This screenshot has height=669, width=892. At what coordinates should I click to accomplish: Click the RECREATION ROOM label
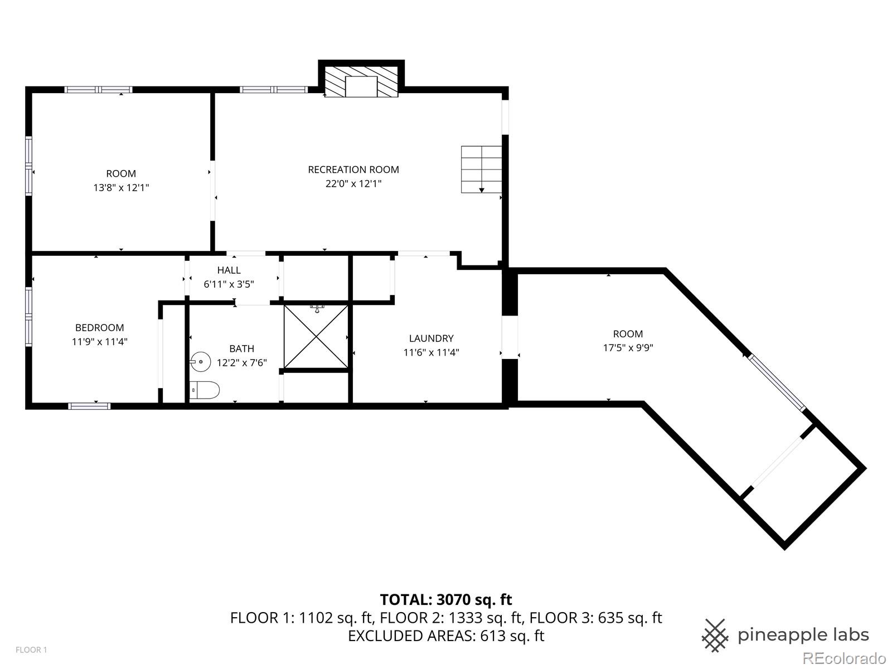click(353, 169)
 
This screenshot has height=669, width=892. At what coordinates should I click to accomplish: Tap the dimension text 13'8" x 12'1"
click(121, 188)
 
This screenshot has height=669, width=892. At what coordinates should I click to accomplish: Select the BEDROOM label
click(100, 328)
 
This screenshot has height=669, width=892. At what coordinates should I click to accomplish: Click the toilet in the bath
click(204, 390)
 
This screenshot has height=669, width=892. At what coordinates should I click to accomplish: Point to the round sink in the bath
click(198, 362)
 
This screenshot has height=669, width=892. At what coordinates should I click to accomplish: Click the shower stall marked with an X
click(316, 337)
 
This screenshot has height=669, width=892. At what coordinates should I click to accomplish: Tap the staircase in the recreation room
click(481, 169)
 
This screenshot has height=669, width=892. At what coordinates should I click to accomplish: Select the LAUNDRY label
click(431, 338)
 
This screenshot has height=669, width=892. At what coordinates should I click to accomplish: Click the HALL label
click(229, 270)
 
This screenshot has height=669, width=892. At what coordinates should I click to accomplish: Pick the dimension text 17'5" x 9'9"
click(628, 348)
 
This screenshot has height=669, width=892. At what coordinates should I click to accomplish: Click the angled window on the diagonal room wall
click(777, 382)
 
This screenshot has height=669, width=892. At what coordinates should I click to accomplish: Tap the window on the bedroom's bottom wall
click(89, 406)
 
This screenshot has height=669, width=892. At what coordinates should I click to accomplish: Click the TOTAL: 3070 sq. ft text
click(446, 600)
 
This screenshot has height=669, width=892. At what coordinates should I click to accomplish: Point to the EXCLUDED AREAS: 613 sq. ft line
click(446, 636)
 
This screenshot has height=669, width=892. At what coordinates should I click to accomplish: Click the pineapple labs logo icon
click(715, 635)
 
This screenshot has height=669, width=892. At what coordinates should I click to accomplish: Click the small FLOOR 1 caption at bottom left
click(31, 650)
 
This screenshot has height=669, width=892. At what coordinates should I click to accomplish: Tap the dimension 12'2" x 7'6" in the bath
click(242, 363)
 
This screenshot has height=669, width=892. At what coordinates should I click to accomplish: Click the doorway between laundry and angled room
click(510, 338)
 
